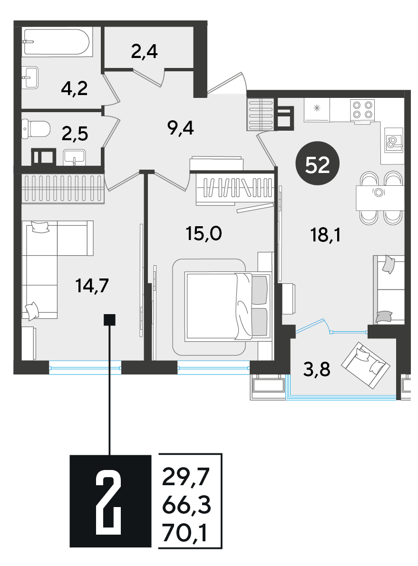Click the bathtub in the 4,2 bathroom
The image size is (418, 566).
point(57,42)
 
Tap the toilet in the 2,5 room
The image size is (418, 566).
point(36,129)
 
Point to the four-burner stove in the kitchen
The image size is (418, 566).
point(362,110)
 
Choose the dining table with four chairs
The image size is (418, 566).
point(379,198)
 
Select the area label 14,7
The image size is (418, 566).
point(92,286)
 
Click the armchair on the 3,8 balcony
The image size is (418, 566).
point(366,365)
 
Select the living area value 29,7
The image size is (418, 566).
point(185,477)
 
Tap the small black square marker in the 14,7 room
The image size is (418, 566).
point(109,320)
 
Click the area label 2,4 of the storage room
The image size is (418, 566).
point(145,52)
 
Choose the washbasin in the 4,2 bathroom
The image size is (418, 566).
point(30,77)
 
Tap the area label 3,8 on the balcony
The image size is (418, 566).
point(317,370)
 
